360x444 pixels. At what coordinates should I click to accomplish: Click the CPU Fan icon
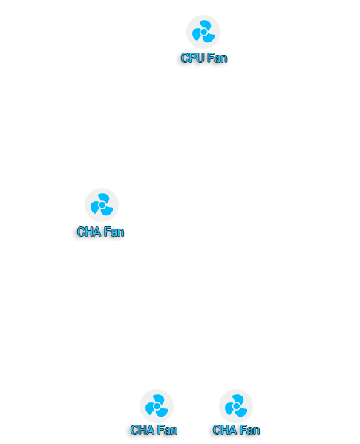[x=203, y=32]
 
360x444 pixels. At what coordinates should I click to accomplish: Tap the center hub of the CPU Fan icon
[x=203, y=32]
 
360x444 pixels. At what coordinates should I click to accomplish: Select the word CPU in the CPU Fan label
[x=192, y=58]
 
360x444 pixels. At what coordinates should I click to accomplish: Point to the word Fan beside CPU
[x=217, y=58]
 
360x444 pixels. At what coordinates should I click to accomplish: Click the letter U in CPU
[x=200, y=58]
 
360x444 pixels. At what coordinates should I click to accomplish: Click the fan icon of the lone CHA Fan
[x=102, y=205]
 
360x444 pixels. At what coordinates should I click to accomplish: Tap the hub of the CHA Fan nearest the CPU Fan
[x=102, y=205]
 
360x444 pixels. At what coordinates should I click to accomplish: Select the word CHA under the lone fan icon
[x=89, y=232]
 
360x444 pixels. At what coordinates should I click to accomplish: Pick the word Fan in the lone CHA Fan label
[x=114, y=232]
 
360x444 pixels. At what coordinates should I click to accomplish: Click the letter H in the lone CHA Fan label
[x=89, y=232]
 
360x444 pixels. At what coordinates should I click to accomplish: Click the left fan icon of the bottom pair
[x=157, y=406]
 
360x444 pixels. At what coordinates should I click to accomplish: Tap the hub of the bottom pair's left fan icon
[x=157, y=406]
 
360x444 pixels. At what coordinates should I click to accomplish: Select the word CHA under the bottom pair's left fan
[x=143, y=430]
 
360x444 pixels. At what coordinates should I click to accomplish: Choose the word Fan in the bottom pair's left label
[x=167, y=430]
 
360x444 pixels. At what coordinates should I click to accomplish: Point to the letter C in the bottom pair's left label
[x=134, y=430]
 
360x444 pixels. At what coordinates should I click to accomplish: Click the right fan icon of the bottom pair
[x=236, y=406]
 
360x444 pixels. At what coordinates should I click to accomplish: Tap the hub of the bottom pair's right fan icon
[x=236, y=406]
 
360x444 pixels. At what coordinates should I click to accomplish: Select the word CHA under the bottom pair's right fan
[x=225, y=430]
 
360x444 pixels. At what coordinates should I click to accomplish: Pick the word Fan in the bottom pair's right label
[x=249, y=430]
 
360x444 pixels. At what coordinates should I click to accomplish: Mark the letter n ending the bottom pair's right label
[x=257, y=431]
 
